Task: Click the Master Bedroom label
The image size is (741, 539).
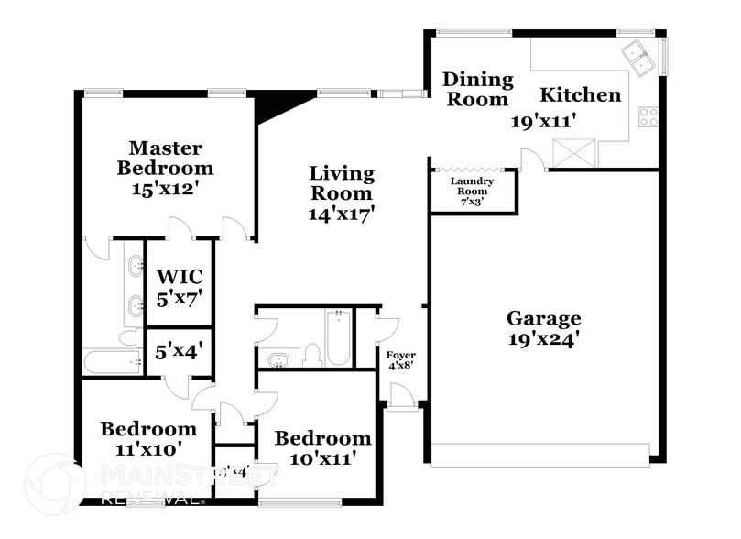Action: coord(165,158)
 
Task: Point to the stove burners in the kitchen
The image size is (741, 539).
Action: coord(648,116)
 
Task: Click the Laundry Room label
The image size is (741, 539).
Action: coord(472,186)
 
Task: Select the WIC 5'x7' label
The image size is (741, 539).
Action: coord(179,286)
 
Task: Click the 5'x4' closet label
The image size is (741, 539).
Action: coord(179,349)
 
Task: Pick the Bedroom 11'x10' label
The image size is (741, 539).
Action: coord(147,438)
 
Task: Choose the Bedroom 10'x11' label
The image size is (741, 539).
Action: coord(321,447)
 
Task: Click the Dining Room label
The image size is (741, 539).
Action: coord(476,90)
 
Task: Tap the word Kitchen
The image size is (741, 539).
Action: coord(580,94)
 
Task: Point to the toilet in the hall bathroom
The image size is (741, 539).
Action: coord(312,354)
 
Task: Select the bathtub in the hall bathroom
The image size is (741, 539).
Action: coord(338,337)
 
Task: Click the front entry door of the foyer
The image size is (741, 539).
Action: coord(400,395)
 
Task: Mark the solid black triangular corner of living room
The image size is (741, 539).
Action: coord(274,103)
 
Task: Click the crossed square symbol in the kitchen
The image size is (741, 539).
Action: coord(579,152)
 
